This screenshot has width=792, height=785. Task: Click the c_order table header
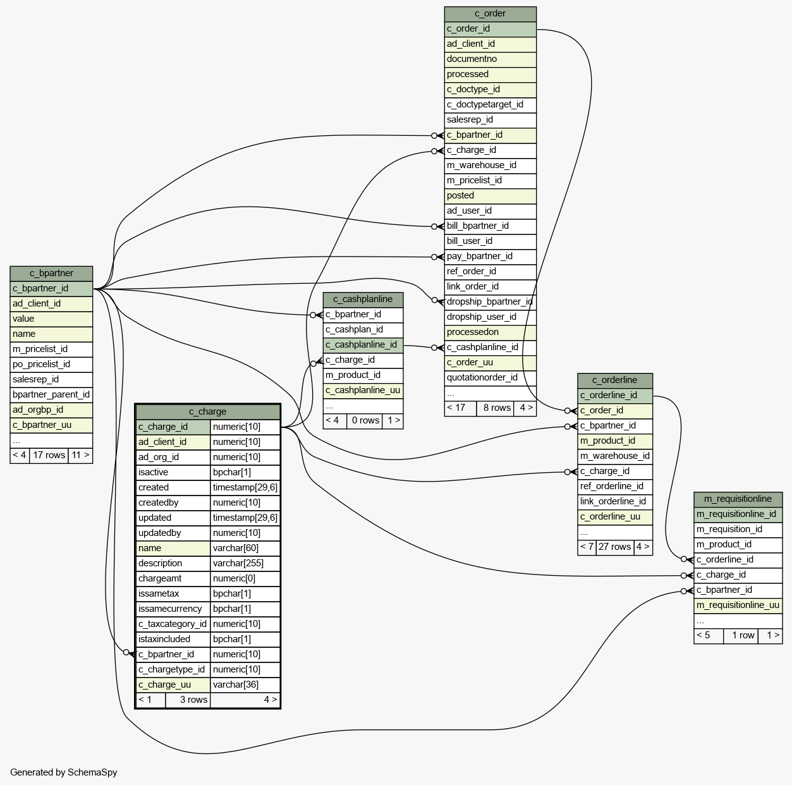(x=490, y=14)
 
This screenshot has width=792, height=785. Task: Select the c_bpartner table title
(x=51, y=274)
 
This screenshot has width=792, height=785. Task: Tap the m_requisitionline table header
(x=738, y=499)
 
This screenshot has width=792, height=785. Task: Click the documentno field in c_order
(x=472, y=59)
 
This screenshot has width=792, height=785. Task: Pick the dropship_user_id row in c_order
(x=481, y=317)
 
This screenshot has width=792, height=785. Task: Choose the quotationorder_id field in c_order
(x=482, y=378)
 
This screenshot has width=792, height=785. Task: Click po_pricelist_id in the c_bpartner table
(x=41, y=365)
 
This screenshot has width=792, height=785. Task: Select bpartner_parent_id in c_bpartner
(x=51, y=395)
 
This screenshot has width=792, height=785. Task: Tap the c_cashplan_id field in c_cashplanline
(x=354, y=330)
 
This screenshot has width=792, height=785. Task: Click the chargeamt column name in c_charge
(x=160, y=579)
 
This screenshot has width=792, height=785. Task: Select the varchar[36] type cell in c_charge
(x=235, y=685)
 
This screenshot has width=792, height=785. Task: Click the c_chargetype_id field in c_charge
(x=171, y=670)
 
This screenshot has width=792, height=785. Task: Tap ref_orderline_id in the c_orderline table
(x=611, y=487)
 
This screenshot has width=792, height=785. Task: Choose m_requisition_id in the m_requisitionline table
(x=729, y=530)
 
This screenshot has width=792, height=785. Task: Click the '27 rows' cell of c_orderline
(x=614, y=547)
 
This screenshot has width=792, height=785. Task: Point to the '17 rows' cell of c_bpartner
(x=49, y=456)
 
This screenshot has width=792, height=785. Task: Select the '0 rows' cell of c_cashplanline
(x=365, y=421)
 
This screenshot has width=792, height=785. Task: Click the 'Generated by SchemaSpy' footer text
(x=63, y=772)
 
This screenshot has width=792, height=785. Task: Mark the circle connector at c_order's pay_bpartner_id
(x=434, y=257)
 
